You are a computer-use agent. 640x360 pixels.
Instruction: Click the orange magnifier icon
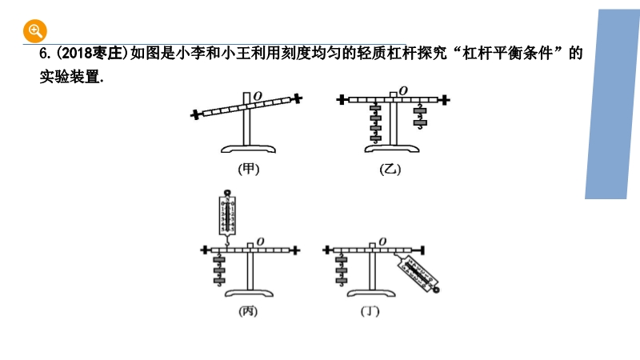tap(34, 31)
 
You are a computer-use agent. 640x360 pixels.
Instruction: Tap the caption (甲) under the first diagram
tap(250, 169)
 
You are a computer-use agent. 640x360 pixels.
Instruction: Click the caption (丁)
tap(370, 311)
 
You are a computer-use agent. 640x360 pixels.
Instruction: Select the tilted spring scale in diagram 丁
tap(419, 273)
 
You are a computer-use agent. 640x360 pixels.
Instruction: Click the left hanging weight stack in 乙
tap(375, 123)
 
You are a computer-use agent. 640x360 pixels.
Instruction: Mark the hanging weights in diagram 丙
tap(218, 270)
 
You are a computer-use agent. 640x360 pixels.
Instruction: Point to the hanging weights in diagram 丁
tap(342, 269)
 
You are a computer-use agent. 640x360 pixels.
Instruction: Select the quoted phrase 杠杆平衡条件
tap(512, 54)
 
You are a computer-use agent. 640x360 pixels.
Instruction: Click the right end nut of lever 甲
tap(297, 98)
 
